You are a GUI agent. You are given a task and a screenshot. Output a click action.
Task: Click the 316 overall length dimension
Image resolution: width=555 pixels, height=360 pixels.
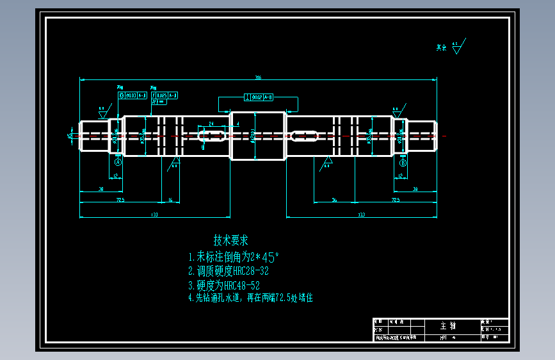tap(258, 78)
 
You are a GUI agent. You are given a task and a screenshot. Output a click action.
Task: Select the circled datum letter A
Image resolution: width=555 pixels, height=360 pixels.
tap(118, 162)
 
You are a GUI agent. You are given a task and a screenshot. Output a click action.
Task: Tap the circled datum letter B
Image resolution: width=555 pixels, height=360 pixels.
tap(403, 163)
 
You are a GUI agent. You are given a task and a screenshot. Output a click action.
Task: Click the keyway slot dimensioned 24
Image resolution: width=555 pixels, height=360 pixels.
tap(213, 135)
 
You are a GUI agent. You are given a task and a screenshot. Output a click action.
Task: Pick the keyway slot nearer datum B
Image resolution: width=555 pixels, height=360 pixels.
tap(304, 135)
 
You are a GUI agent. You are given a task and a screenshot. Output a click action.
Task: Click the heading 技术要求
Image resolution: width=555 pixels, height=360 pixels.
tap(230, 241)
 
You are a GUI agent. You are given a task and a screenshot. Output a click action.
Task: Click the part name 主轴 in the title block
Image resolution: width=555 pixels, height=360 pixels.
tap(448, 326)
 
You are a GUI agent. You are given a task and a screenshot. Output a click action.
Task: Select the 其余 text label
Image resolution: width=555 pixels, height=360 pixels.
tap(441, 47)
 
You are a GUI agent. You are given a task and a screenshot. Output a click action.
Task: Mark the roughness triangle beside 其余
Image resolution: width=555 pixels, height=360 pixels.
tap(456, 48)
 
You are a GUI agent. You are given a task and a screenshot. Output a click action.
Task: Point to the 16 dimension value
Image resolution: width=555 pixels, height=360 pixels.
tap(170, 200)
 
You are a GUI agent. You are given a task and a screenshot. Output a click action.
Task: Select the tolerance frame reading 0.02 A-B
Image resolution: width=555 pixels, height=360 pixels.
tap(259, 97)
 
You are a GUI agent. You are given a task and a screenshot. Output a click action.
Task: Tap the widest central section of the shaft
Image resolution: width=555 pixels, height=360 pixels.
tap(257, 135)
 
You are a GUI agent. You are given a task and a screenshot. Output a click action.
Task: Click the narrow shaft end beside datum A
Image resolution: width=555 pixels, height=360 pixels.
tap(93, 135)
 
